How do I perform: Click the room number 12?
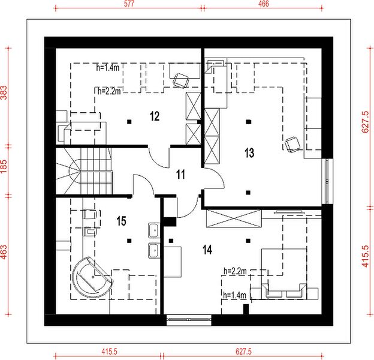pos(155,116)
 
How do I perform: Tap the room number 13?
pos(249,153)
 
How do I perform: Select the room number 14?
pos(207,250)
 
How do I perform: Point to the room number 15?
pos(121,221)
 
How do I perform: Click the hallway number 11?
pos(180,175)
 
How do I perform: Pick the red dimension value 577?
pos(129,4)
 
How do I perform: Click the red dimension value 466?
pos(264,4)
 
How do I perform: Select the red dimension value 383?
pos(4,92)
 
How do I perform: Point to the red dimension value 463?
pos(4,252)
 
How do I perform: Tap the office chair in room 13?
pos(292,145)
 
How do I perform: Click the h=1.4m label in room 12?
pos(108,68)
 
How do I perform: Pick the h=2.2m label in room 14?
pos(235,271)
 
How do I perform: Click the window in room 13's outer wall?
pos(327,181)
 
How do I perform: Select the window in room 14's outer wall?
pos(189,319)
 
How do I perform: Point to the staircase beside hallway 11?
pos(84,171)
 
